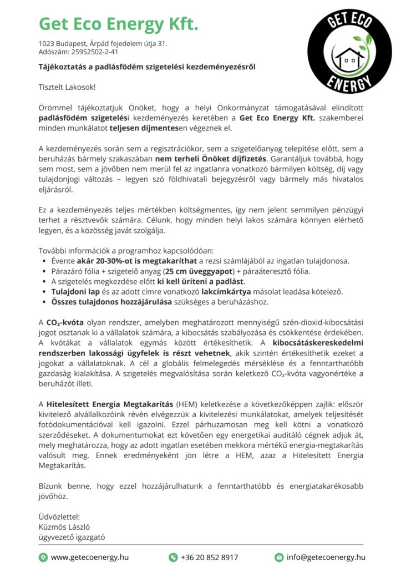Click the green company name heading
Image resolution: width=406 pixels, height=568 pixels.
118,24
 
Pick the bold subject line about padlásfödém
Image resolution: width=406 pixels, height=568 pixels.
146,68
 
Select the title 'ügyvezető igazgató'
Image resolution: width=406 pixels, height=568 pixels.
72,537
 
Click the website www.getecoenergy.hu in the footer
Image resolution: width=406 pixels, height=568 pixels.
90,557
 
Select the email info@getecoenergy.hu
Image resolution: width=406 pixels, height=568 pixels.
326,557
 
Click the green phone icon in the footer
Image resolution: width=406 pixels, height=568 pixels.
173,557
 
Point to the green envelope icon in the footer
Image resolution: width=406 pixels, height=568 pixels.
279,557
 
